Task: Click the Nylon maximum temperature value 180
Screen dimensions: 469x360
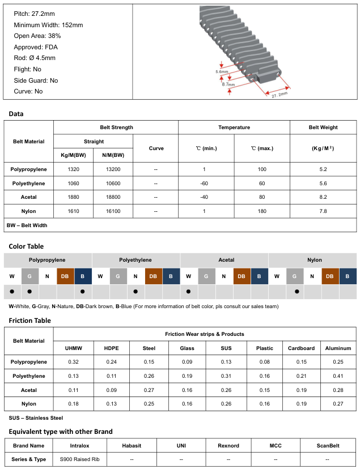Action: click(x=261, y=211)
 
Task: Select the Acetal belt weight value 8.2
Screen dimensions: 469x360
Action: click(x=323, y=197)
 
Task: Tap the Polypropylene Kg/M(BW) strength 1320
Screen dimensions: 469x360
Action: click(x=73, y=169)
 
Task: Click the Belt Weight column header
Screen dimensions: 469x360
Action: click(x=323, y=127)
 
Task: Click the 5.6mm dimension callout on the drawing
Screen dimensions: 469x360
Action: click(x=222, y=72)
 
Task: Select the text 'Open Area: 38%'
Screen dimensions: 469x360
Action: click(x=37, y=36)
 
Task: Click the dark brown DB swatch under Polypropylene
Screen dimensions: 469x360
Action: click(x=65, y=276)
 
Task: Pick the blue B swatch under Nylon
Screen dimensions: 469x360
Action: click(x=348, y=276)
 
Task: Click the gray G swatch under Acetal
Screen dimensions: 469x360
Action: click(x=206, y=276)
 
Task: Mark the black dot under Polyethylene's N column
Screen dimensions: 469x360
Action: click(x=136, y=292)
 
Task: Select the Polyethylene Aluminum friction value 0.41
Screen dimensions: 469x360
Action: click(x=338, y=376)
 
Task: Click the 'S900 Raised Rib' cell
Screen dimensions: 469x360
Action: click(x=80, y=459)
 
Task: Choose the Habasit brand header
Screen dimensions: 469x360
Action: click(x=132, y=446)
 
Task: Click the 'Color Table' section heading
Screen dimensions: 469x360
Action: click(x=26, y=246)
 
